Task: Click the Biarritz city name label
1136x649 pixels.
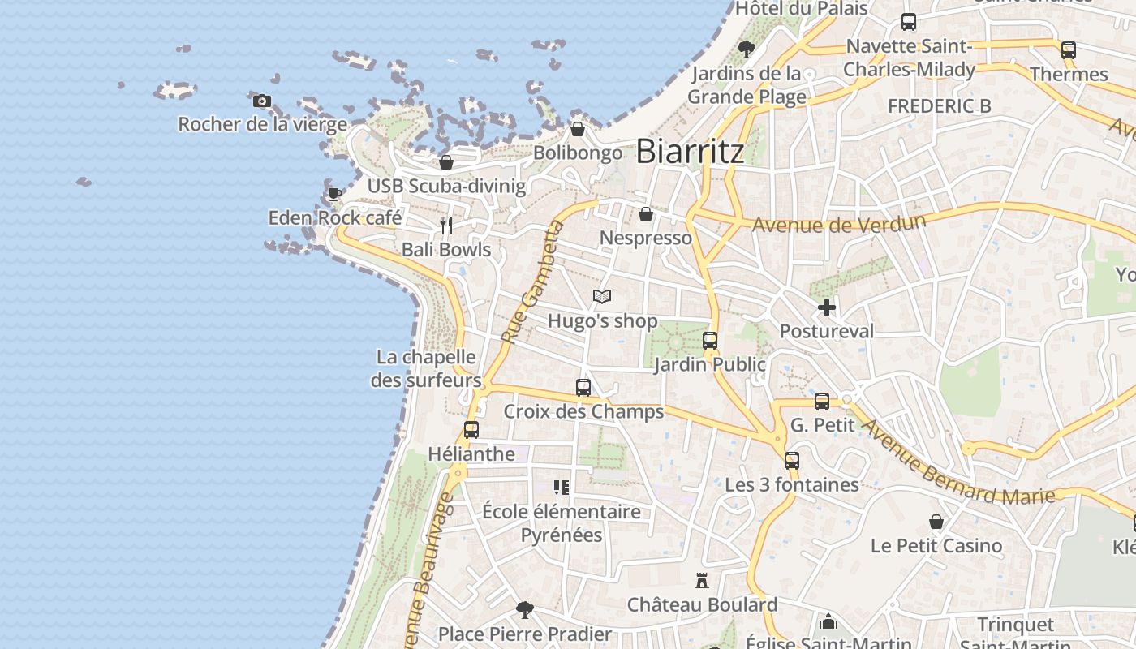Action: pos(690,152)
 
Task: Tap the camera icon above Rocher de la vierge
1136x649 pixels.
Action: pos(261,101)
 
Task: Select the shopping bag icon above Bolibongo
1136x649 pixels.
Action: pos(578,129)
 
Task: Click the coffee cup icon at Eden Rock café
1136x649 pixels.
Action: pos(334,193)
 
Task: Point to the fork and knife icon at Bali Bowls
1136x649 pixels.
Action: pos(445,225)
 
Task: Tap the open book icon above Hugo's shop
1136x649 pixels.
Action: pos(601,297)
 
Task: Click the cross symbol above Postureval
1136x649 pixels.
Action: pos(827,307)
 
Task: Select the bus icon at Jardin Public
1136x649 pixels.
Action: pos(710,341)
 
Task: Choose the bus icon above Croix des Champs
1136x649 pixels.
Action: pos(583,388)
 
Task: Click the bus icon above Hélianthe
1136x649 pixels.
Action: pos(471,430)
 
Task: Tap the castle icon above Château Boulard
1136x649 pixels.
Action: pos(702,581)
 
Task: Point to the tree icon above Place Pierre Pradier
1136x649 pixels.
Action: pos(525,609)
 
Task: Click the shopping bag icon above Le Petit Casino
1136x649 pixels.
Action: pos(936,522)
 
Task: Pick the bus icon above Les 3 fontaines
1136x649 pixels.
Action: pos(792,461)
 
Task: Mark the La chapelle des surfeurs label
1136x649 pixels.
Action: pos(426,368)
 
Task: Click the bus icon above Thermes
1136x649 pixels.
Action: pos(1069,50)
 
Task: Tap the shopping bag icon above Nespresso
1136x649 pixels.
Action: pos(646,214)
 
